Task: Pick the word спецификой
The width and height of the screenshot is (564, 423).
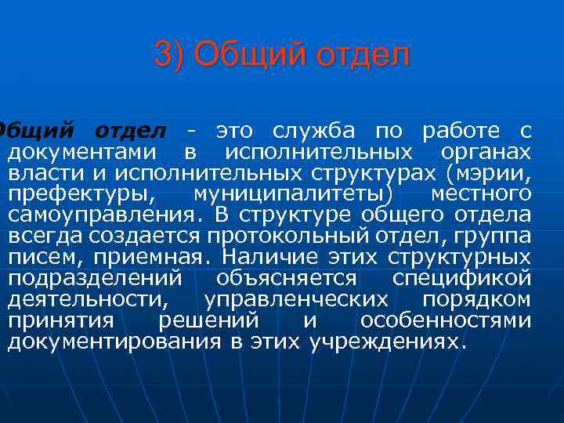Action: point(461,278)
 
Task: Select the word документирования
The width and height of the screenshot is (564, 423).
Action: point(114,342)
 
